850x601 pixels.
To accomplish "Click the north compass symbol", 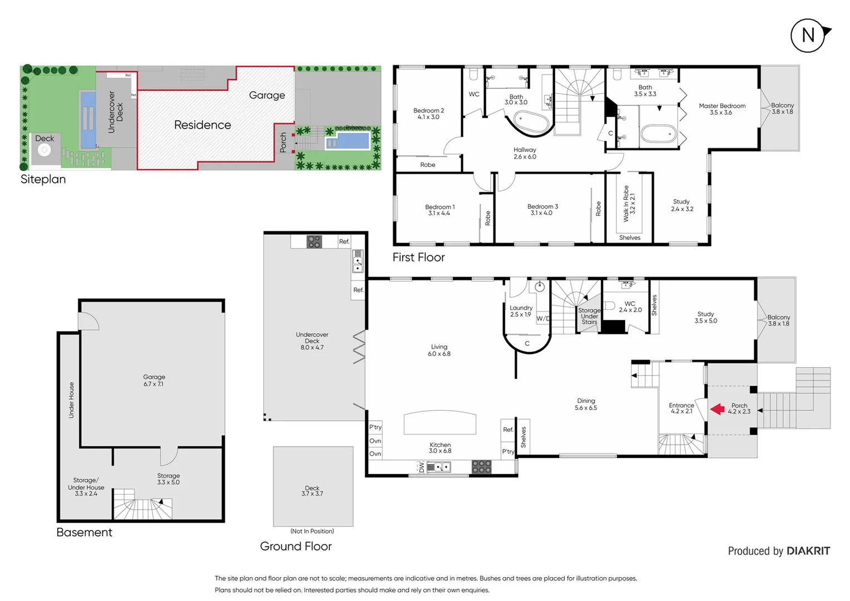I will [x=808, y=36].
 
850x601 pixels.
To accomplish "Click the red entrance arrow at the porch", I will [x=718, y=409].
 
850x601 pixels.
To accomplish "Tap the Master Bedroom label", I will [x=721, y=109].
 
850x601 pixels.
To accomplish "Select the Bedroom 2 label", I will [x=428, y=114].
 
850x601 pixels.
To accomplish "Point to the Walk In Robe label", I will [x=629, y=204].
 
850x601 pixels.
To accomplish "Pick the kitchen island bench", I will [x=439, y=422].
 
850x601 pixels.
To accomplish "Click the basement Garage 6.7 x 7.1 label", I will [x=154, y=381].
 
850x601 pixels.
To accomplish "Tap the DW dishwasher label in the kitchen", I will [x=422, y=467].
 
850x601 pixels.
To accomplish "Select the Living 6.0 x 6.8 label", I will [x=439, y=350].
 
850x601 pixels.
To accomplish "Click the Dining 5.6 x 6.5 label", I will [x=586, y=404].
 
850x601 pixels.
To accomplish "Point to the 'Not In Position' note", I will [x=312, y=531].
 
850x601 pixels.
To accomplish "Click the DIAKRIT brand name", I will [x=808, y=551].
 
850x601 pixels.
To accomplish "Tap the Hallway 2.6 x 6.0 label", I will [x=525, y=153].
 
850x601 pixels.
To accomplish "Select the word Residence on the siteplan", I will [x=202, y=125].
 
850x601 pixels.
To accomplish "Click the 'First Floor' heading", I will [x=418, y=257].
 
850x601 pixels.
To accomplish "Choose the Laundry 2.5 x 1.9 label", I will [x=521, y=311].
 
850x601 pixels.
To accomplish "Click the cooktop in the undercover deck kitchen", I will [x=314, y=242].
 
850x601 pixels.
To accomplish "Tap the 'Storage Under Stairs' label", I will [x=589, y=316].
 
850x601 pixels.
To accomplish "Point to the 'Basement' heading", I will [x=84, y=533].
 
